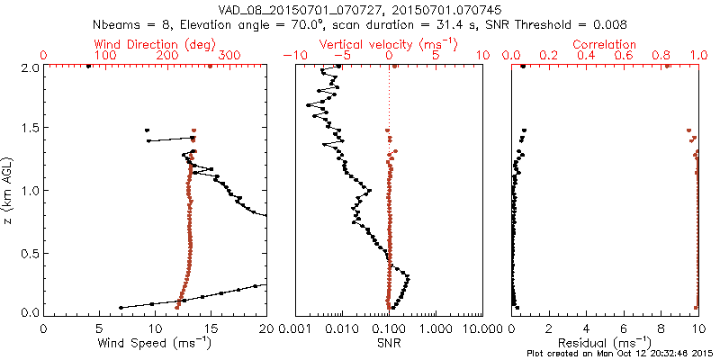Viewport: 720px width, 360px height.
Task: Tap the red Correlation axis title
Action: click(x=605, y=44)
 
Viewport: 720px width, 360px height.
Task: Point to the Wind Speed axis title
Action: click(x=155, y=343)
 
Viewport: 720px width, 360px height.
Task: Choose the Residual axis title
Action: click(x=605, y=343)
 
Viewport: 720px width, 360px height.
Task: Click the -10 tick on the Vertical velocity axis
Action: click(x=290, y=56)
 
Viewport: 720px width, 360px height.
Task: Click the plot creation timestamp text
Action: click(x=620, y=354)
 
